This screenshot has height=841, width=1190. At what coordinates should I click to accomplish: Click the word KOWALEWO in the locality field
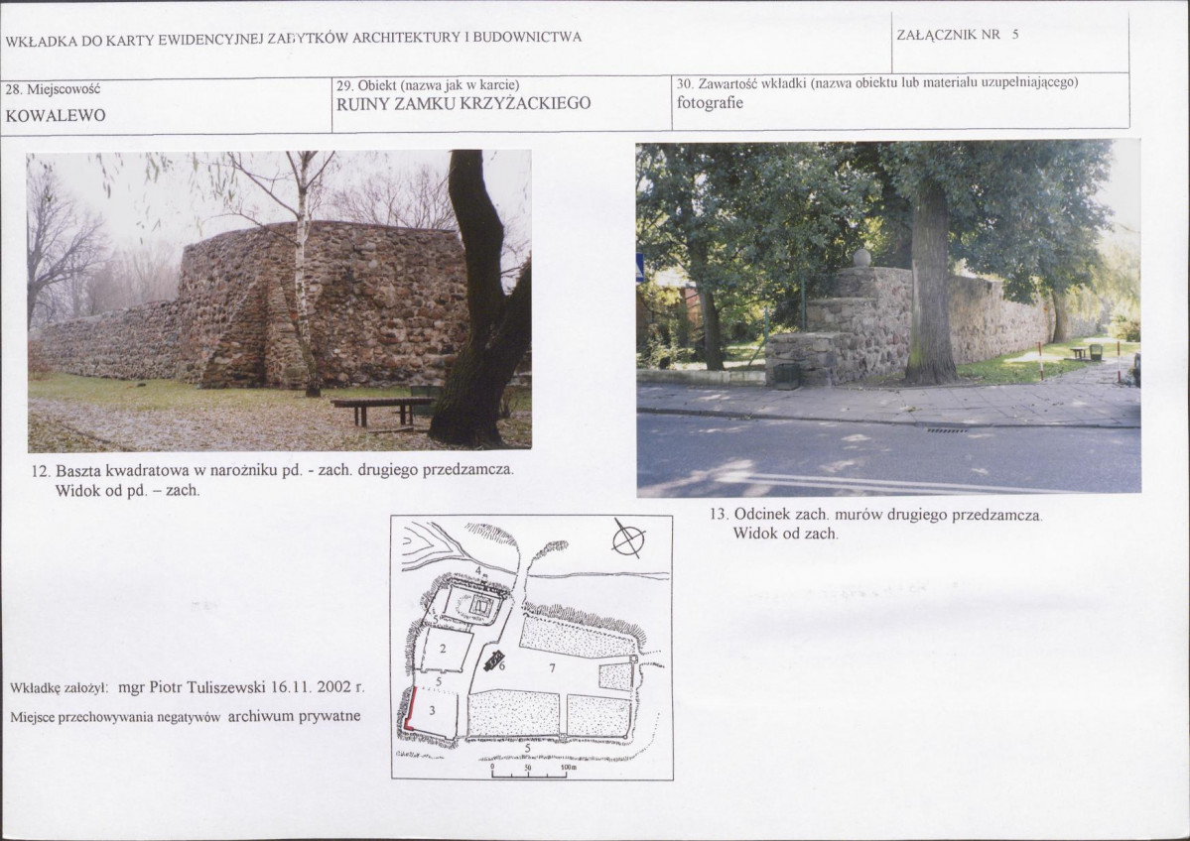click(x=56, y=116)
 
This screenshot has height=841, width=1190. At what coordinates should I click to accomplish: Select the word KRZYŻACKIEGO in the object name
click(x=525, y=104)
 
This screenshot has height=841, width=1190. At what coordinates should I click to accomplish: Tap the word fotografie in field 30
click(x=710, y=103)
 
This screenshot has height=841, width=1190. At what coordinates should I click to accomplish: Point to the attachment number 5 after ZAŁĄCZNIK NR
click(x=1014, y=35)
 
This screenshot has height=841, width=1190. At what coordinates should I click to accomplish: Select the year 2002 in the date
click(x=333, y=687)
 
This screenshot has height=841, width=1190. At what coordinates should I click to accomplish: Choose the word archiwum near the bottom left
click(x=260, y=716)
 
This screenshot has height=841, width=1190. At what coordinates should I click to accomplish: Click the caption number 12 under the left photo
click(x=41, y=471)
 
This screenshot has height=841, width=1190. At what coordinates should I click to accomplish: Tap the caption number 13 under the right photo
click(x=719, y=514)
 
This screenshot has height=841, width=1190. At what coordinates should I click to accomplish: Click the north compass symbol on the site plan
click(x=628, y=540)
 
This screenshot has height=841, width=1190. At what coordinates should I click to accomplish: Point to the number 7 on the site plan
click(x=552, y=668)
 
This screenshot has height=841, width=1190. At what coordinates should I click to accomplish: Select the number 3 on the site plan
click(x=432, y=710)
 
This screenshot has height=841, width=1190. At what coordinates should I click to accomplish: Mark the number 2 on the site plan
click(x=443, y=650)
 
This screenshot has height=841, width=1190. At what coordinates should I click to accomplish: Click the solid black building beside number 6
click(x=494, y=660)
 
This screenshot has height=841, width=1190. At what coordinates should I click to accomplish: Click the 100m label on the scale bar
click(x=569, y=768)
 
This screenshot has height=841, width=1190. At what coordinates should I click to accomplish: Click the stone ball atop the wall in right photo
click(x=861, y=258)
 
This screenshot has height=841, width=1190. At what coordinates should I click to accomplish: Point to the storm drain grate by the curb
click(x=947, y=430)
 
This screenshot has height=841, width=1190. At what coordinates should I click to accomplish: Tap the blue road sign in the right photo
click(x=640, y=268)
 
